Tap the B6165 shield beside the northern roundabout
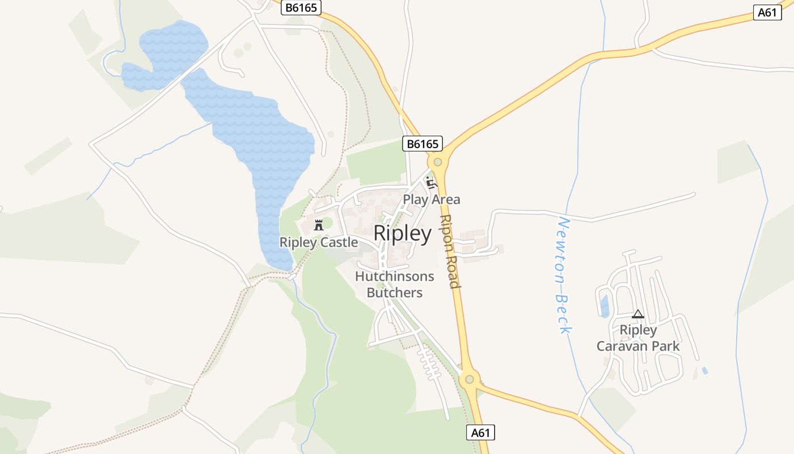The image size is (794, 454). [423, 144]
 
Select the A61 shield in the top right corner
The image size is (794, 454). [767, 12]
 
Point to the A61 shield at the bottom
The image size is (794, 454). [480, 432]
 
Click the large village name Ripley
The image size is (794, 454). [403, 233]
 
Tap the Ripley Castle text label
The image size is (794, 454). [319, 243]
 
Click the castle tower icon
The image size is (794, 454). [319, 224]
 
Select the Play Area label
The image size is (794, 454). [432, 200]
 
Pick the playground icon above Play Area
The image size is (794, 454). [432, 182]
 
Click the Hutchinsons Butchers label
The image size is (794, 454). [395, 284]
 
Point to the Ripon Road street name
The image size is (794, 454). [449, 251]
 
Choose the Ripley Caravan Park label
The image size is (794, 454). [638, 338]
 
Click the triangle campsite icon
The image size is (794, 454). [638, 314]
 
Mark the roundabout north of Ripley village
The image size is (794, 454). [437, 162]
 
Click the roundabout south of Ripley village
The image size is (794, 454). [469, 379]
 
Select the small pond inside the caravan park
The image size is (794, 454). [605, 306]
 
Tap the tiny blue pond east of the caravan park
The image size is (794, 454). [704, 371]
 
